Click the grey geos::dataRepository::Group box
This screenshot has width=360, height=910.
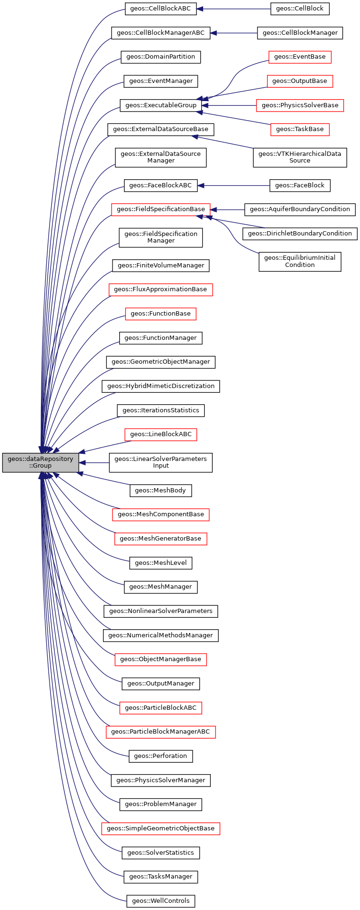point(41,462)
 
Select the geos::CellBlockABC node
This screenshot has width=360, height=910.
point(161,9)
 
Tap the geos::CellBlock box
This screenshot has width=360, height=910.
point(299,9)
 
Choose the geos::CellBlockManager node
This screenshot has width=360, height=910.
point(300,33)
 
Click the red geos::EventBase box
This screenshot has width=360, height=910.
point(299,57)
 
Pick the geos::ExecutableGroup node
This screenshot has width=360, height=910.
point(161,105)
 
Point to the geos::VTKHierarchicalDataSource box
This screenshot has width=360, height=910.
point(299,157)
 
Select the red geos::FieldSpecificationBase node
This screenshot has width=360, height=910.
point(161,209)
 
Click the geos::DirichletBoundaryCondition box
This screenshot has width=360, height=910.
point(299,234)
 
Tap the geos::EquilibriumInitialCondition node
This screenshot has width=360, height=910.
point(299,261)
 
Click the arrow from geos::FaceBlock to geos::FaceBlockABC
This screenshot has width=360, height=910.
point(234,185)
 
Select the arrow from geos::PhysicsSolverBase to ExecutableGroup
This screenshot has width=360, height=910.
point(229,105)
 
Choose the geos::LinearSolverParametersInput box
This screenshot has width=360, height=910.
point(161,462)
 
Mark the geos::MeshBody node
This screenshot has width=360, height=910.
point(161,490)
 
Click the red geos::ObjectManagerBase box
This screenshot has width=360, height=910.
point(161,659)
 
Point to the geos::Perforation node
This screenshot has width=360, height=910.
point(161,756)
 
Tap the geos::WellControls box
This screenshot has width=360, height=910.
point(161,901)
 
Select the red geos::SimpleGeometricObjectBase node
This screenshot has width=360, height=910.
point(161,828)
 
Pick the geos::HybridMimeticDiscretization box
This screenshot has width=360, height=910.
point(161,386)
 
